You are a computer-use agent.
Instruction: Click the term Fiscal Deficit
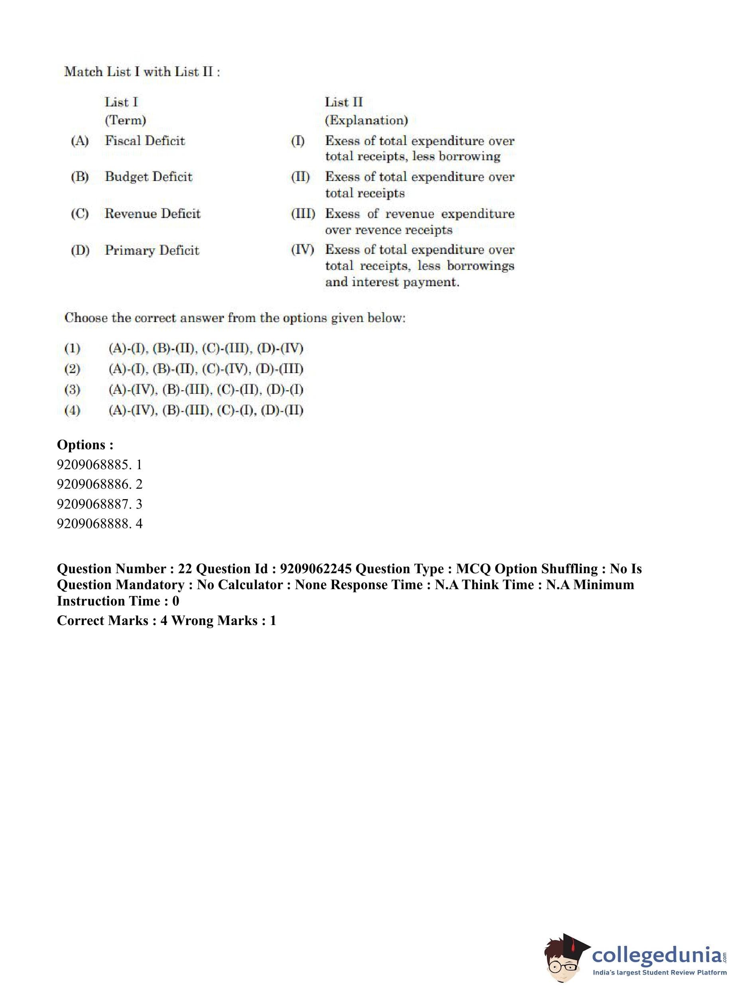[144, 141]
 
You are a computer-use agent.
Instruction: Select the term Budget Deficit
[148, 177]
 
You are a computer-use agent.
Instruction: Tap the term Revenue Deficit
[152, 214]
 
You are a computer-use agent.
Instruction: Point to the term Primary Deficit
[152, 250]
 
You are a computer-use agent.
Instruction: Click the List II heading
[343, 102]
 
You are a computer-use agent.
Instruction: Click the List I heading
[121, 102]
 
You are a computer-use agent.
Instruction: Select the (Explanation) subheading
[366, 120]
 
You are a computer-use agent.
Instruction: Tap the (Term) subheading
[126, 120]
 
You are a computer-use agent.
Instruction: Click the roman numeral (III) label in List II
[303, 214]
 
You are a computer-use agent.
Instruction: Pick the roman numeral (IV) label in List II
[302, 250]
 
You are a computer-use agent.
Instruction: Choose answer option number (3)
[72, 390]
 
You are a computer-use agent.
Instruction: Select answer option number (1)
[72, 349]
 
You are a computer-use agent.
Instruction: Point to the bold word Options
[81, 445]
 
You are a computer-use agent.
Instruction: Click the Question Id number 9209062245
[315, 569]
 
